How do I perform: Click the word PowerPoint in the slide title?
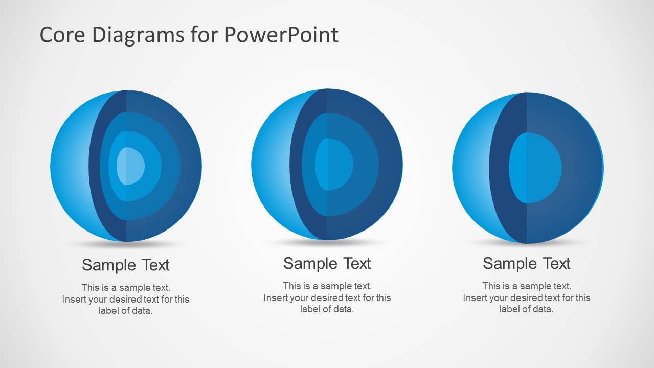[281, 34]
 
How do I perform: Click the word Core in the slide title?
[62, 34]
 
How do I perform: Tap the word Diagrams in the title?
[138, 35]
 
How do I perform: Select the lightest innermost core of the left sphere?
[130, 166]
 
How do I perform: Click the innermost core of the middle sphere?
[334, 164]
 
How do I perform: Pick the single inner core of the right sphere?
[535, 168]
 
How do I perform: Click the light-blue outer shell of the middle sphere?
[271, 164]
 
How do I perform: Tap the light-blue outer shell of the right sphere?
[471, 168]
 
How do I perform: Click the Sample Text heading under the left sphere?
[126, 265]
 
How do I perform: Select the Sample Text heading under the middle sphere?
[327, 264]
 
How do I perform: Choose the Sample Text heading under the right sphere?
[526, 264]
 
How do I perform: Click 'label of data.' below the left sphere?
[126, 311]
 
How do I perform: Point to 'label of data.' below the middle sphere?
[327, 309]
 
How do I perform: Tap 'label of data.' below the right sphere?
[526, 309]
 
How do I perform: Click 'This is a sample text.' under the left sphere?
[126, 287]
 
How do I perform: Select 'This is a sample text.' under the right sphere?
[527, 286]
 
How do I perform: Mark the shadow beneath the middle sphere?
[327, 242]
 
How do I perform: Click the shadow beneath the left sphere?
[126, 244]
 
